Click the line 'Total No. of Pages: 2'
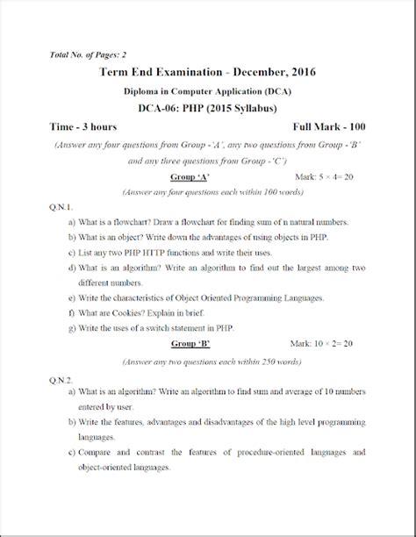pos(88,55)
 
